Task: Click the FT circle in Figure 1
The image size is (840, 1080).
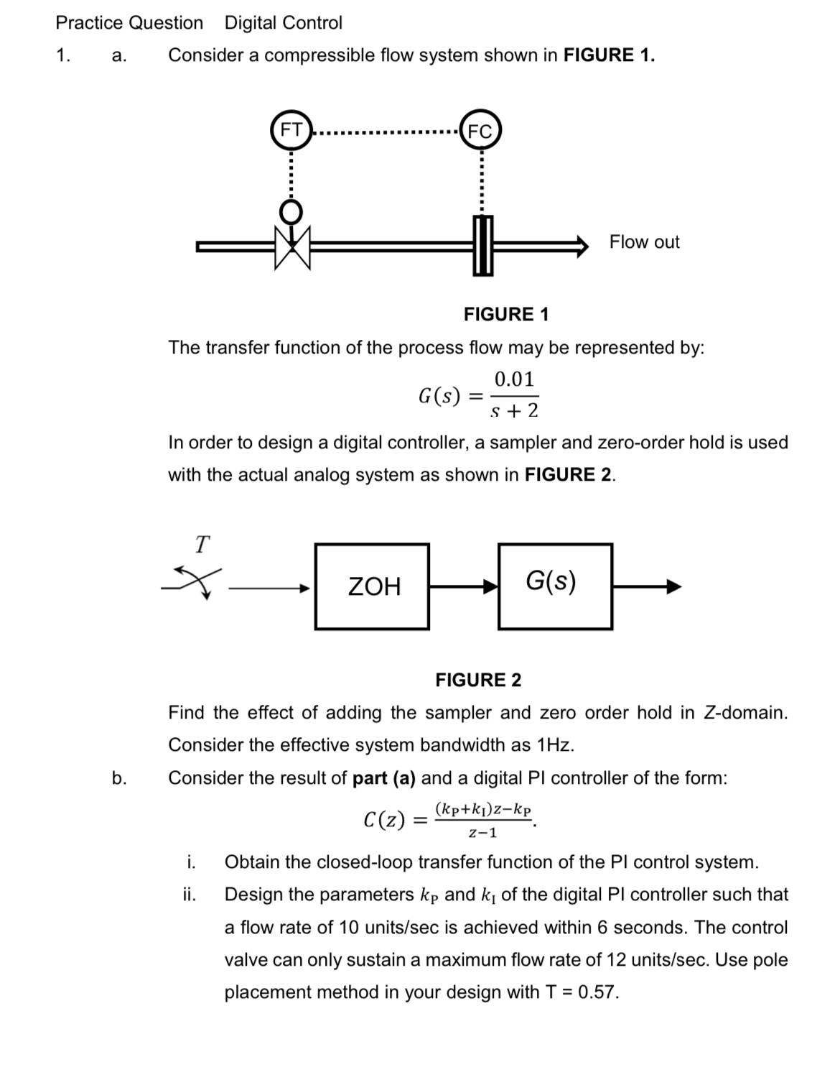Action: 291,131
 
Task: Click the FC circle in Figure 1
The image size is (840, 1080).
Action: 480,131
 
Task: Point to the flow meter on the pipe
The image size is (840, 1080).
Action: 482,246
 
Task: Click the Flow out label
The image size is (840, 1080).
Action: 644,242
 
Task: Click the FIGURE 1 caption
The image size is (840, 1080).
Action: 505,314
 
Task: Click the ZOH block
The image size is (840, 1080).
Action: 372,586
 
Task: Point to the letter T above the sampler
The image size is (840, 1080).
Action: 202,544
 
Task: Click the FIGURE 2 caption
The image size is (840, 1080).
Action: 478,680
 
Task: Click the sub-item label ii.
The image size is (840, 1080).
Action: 189,895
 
